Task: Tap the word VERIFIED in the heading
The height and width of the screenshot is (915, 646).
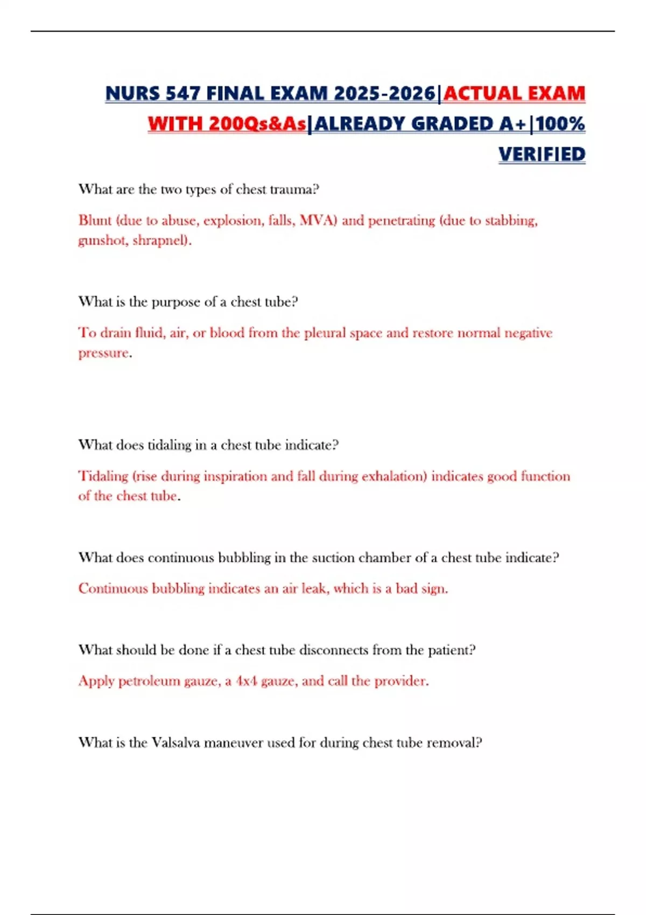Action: coord(542,154)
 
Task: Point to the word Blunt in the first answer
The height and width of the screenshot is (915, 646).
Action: coord(95,220)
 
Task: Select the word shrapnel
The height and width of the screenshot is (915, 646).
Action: coord(160,240)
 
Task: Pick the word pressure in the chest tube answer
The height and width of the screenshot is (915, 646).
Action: coord(104,353)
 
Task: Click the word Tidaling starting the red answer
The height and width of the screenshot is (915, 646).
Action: coord(103,476)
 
